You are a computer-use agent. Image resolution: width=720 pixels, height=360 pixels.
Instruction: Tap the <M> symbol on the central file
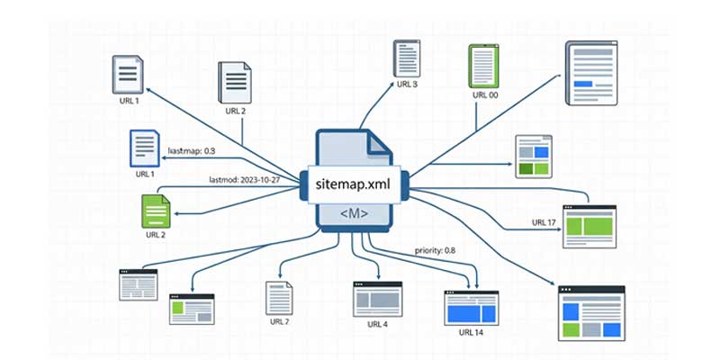pos(355,213)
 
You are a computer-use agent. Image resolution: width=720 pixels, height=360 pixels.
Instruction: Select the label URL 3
pos(407,85)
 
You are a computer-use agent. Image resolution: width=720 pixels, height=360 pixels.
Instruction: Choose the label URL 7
pos(279,321)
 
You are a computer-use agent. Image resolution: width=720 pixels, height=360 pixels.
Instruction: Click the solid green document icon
pos(156,211)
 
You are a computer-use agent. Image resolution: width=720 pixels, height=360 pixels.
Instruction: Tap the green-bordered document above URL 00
pos(484,65)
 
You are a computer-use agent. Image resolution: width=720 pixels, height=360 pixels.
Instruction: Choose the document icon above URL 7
pos(278,297)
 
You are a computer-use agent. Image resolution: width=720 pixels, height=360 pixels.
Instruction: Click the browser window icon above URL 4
pos(377,296)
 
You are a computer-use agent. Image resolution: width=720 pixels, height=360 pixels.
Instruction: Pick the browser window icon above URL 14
pos(470,306)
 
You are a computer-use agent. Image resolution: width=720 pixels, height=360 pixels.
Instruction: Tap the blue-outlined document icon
pos(144,148)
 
